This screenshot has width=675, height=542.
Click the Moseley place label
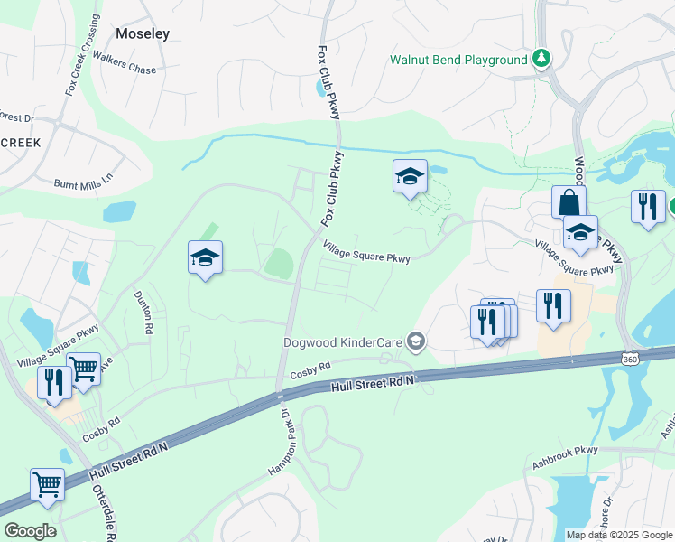coord(143,33)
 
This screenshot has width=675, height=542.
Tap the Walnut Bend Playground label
coord(458,60)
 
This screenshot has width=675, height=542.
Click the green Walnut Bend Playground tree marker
coord(541,59)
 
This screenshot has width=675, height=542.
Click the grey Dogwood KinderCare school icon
coord(416,341)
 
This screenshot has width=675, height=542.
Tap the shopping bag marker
coord(569,201)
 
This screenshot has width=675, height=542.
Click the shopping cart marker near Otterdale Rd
coord(47,483)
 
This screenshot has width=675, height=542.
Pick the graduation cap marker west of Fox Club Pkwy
coord(205,258)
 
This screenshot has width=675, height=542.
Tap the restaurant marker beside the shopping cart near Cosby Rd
coord(54,382)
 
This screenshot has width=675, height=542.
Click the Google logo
coord(30,530)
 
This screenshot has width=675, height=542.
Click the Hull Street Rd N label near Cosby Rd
coord(372,382)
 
